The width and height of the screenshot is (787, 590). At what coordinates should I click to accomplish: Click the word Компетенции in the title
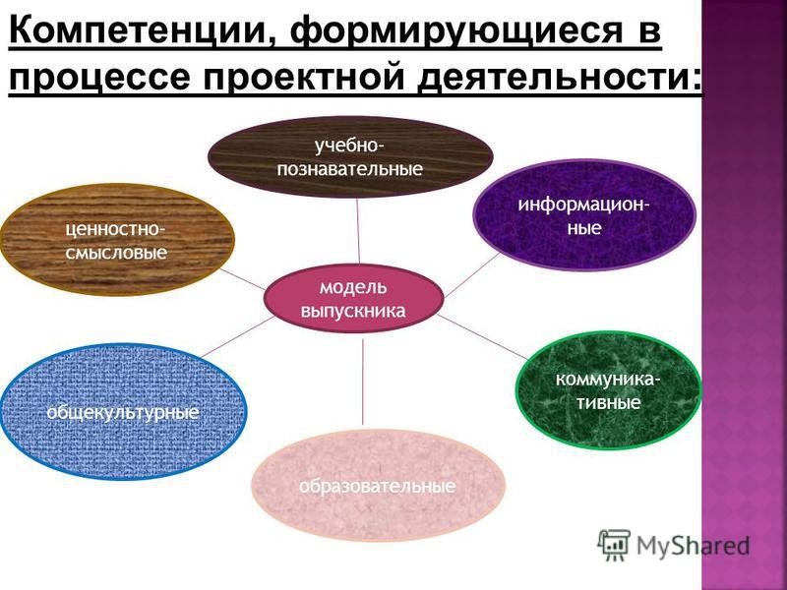tap(141, 31)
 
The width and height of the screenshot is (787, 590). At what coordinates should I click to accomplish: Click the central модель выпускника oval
tap(354, 299)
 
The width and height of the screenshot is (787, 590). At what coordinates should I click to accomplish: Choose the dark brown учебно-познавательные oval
tap(350, 156)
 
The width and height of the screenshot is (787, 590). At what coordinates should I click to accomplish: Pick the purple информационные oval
tap(584, 215)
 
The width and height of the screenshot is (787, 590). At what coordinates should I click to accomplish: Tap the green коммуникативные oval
tap(608, 390)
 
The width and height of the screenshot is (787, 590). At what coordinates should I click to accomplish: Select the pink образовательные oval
tap(378, 485)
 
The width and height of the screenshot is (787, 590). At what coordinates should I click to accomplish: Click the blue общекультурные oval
tap(124, 411)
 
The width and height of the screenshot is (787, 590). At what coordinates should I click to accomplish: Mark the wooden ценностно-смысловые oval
tap(117, 239)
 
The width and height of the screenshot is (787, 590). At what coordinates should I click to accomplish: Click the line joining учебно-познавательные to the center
tap(358, 231)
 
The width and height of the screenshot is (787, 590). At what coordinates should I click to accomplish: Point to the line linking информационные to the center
tap(472, 274)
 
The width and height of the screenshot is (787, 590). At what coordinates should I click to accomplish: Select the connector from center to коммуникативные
tap(483, 337)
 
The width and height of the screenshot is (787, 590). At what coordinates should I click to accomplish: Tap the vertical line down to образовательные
tap(363, 382)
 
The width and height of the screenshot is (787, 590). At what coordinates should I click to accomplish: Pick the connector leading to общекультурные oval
tap(237, 336)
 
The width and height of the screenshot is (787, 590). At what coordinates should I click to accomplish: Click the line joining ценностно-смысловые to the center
tap(242, 279)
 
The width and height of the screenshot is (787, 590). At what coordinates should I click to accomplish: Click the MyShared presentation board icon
tap(613, 545)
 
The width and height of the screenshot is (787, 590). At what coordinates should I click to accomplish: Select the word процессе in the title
tap(99, 78)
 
